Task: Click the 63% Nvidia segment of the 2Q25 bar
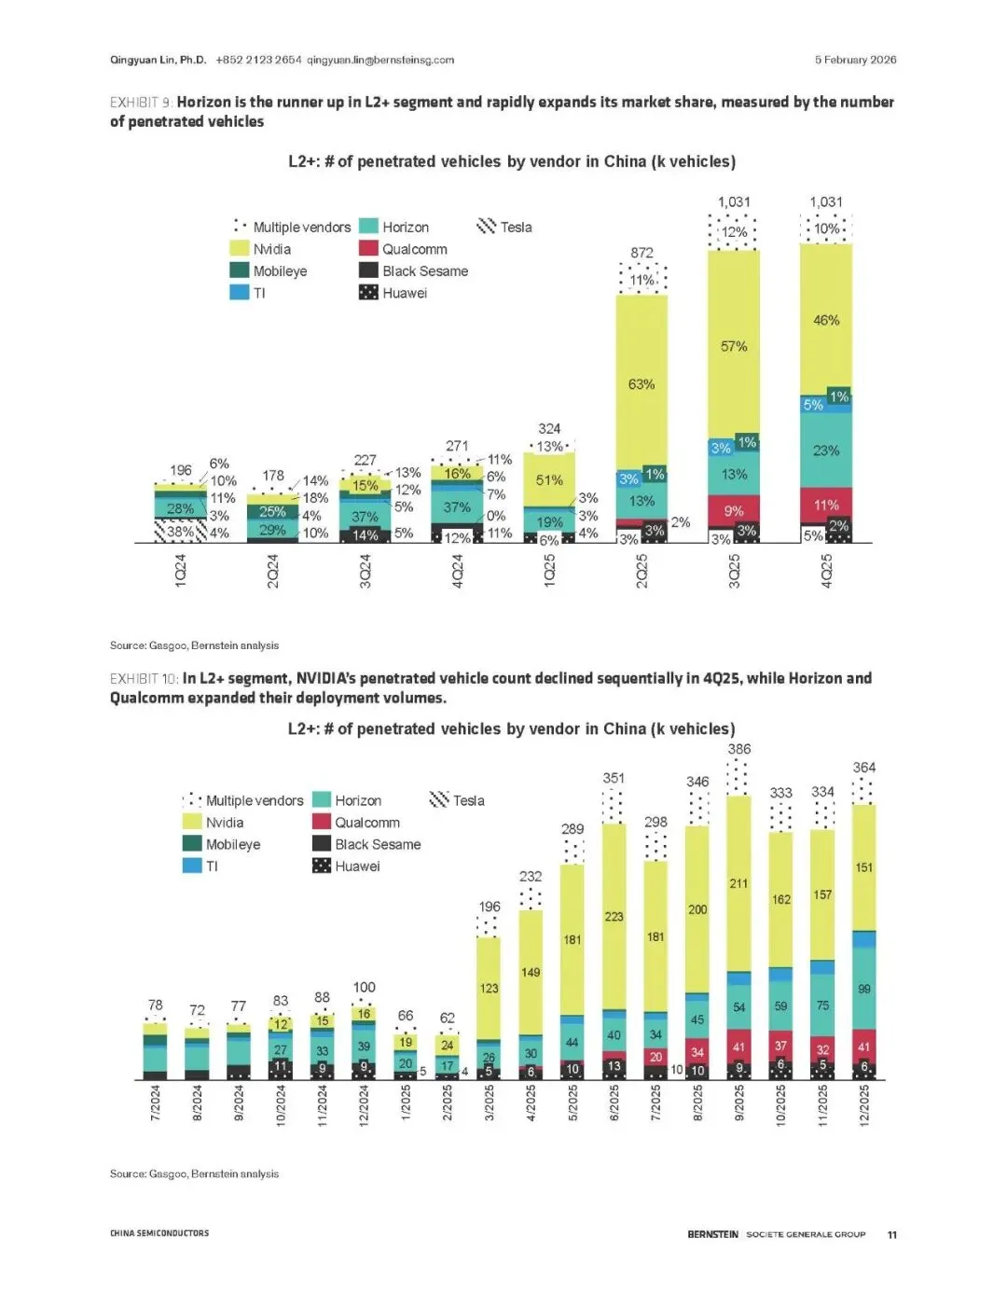pos(641,384)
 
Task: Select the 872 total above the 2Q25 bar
pos(641,253)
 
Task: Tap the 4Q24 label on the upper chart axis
pos(457,570)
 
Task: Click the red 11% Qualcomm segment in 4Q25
pos(826,506)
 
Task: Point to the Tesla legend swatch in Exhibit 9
pos(487,227)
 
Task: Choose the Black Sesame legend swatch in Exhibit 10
pos(322,844)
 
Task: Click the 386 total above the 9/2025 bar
pos(739,749)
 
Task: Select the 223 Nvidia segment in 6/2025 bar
pos(614,917)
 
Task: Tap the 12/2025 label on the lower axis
pos(863,1105)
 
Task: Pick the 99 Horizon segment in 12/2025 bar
pos(863,989)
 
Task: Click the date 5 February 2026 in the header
pos(855,60)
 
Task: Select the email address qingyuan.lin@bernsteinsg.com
pos(380,60)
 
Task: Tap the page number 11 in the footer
pos(892,1235)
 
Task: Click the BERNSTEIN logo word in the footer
pos(712,1235)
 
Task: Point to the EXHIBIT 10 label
pos(143,678)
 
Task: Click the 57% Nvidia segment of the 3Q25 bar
pos(734,346)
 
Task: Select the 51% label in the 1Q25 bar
pos(549,480)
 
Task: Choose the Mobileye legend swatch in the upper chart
pos(240,270)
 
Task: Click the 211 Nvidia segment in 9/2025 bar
pos(738,883)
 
